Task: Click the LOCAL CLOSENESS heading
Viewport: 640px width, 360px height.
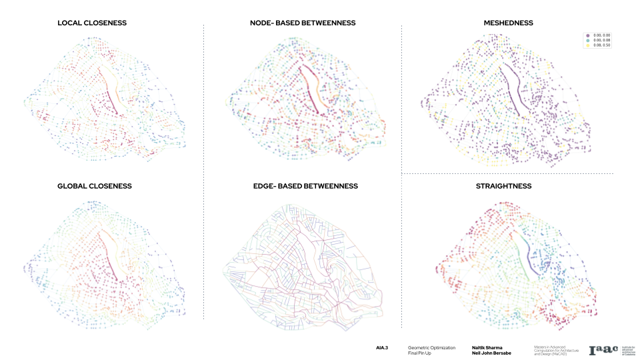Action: point(92,23)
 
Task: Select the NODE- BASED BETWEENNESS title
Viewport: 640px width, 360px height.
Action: point(298,23)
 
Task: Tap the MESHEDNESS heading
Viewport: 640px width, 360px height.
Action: point(508,23)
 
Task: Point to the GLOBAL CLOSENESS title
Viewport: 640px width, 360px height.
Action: point(95,186)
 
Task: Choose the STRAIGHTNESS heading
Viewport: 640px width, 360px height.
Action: point(508,186)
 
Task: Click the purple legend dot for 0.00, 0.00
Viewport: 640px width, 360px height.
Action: point(587,35)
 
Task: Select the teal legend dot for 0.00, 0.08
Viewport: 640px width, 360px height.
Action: point(587,40)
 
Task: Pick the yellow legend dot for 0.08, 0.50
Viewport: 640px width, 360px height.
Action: point(587,45)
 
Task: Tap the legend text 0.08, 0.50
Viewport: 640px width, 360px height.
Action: point(601,45)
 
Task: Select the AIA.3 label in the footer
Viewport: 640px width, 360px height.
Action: point(382,347)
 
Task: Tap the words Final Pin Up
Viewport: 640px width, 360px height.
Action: point(419,353)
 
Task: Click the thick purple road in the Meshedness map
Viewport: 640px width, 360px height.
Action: point(514,87)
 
